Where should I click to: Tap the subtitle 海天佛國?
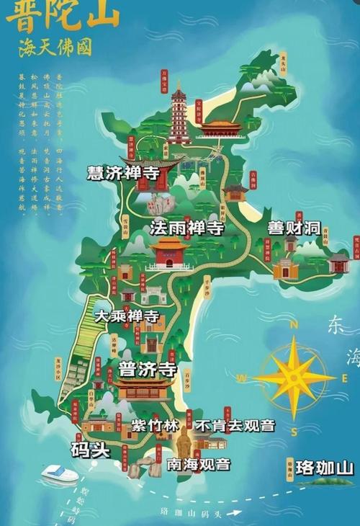click(x=57, y=47)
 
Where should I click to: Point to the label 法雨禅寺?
click(x=187, y=228)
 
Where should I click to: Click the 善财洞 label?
click(x=294, y=228)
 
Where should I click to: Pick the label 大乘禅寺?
click(x=127, y=316)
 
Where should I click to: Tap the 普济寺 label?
click(x=148, y=370)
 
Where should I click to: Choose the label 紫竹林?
click(x=154, y=425)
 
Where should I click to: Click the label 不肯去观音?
click(x=234, y=425)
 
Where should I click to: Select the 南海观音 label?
click(x=194, y=465)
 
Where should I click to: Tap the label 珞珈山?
click(x=325, y=468)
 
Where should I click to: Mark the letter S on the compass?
click(x=294, y=431)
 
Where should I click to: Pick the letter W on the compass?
click(x=243, y=378)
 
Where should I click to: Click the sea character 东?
click(x=336, y=325)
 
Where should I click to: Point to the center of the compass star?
click(x=294, y=378)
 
